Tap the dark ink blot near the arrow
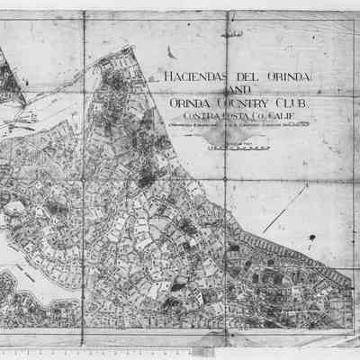tap(311, 238)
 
